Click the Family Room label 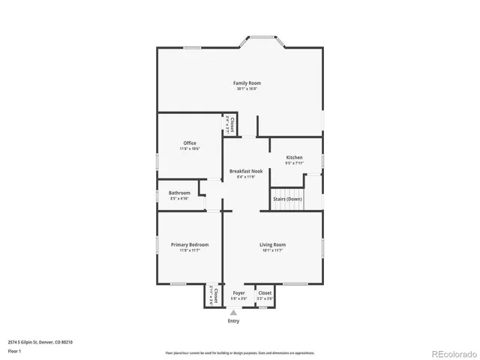coord(247,82)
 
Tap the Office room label coord(190,142)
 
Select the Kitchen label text coord(294,157)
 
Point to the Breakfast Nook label coord(246,171)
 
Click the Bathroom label coord(179,193)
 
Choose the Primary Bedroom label coord(189,244)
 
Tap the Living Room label coord(273,244)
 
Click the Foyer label coord(238,292)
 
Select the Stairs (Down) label coord(287,199)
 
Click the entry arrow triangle coord(233,312)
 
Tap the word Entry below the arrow coord(234,321)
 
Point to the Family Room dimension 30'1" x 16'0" coord(247,88)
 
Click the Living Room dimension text coord(273,250)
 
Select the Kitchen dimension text coord(294,163)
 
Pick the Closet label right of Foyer coord(265,292)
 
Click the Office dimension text coord(190,148)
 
